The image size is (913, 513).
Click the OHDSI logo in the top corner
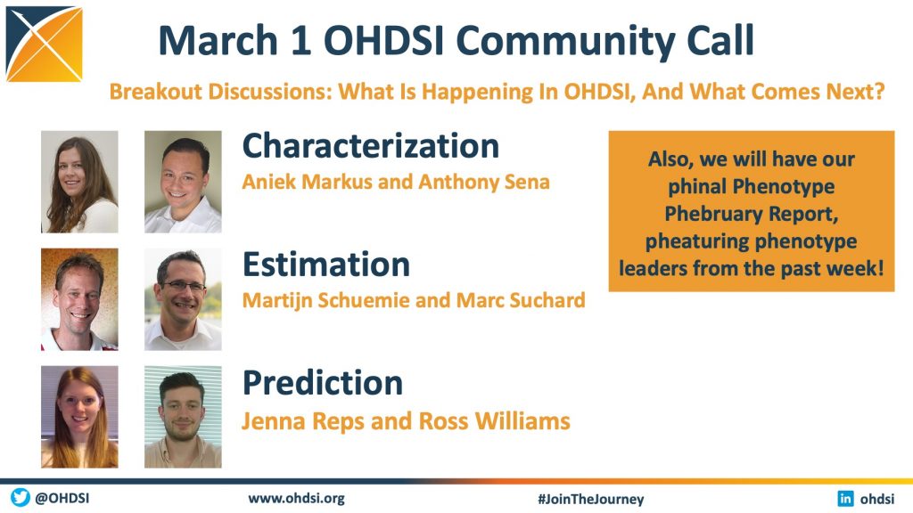pyautogui.click(x=45, y=44)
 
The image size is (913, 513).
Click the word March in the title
pyautogui.click(x=218, y=41)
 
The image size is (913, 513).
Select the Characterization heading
pyautogui.click(x=371, y=146)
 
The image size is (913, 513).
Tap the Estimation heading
pyautogui.click(x=326, y=265)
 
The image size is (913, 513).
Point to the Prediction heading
pyautogui.click(x=323, y=383)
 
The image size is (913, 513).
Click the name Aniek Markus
pyautogui.click(x=307, y=182)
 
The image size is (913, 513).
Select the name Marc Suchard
pyautogui.click(x=521, y=300)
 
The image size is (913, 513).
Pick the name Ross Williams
pyautogui.click(x=494, y=421)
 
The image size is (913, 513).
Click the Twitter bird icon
pyautogui.click(x=21, y=498)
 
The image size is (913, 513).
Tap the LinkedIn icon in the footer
pyautogui.click(x=845, y=499)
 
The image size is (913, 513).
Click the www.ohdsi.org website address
pyautogui.click(x=296, y=499)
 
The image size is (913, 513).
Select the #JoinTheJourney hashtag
pyautogui.click(x=591, y=499)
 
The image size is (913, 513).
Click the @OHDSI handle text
pyautogui.click(x=62, y=499)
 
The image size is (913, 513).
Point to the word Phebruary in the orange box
pyautogui.click(x=713, y=214)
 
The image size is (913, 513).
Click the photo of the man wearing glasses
pyautogui.click(x=183, y=299)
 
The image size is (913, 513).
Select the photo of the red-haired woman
pyautogui.click(x=79, y=417)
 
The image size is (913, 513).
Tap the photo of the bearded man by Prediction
pyautogui.click(x=183, y=417)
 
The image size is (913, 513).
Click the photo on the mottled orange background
pyautogui.click(x=79, y=299)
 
